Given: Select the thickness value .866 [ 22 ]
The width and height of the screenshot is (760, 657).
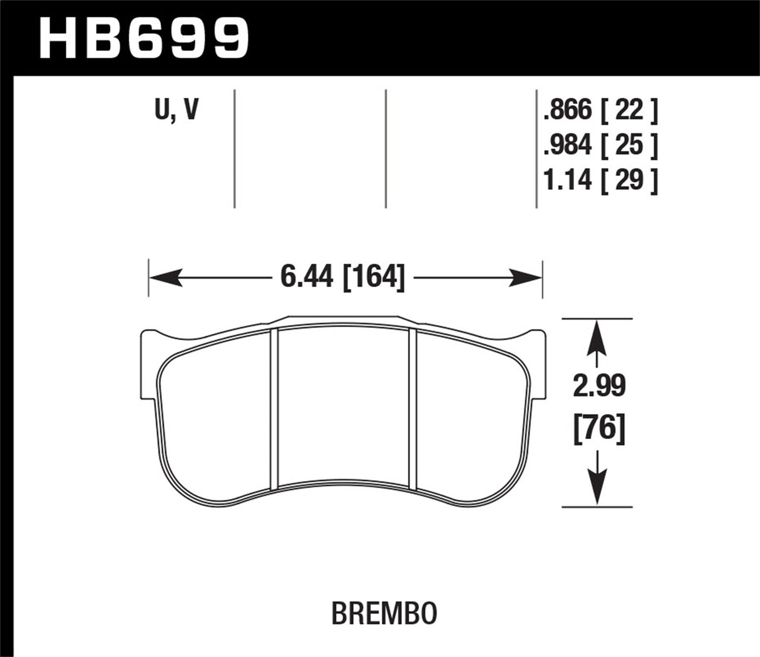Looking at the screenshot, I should pos(600,111).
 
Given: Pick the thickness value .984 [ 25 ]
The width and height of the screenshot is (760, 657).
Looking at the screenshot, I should pos(600,146).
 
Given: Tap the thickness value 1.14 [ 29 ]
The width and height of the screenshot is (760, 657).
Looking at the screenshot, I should pos(600,181).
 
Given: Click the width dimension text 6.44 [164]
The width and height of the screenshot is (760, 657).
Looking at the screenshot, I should pos(342,277).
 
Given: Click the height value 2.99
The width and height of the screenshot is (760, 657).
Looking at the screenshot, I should pos(599,386).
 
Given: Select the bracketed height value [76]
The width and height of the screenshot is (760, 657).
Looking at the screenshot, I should pos(599,430).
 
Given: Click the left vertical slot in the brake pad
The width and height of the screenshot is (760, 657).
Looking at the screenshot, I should pos(274,408).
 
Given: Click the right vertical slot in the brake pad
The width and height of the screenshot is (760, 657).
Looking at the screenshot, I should pos(413,408).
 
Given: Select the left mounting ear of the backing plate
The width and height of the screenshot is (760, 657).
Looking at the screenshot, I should pos(149,363).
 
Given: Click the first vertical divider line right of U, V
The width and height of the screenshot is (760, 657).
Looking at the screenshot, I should pos(234,148).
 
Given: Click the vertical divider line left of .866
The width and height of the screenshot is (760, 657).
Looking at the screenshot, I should pos(537,148).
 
